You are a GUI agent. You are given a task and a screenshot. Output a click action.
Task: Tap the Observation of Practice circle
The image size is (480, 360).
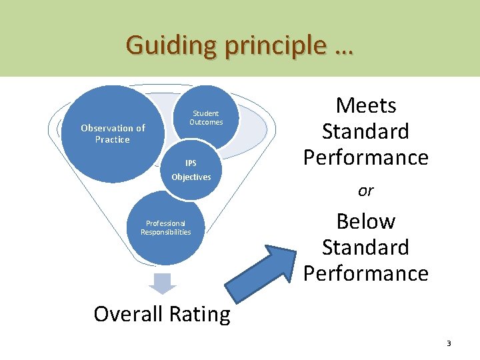(113, 133)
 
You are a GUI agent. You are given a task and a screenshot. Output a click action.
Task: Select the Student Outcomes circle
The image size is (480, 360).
(207, 117)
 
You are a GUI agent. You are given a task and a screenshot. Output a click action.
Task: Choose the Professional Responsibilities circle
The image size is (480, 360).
(165, 228)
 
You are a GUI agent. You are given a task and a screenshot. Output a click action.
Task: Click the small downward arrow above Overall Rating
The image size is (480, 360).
(163, 283)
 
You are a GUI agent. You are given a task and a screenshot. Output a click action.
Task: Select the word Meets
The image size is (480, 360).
(366, 105)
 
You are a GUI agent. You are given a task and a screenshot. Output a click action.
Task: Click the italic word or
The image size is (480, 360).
(365, 191)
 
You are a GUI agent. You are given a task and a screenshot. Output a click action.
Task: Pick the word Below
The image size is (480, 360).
(366, 221)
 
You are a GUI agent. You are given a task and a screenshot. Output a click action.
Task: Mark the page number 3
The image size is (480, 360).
(449, 343)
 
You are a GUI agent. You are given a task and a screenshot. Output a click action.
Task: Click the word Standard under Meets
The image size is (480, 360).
(365, 131)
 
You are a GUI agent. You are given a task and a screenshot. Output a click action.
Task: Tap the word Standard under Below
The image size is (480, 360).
(365, 247)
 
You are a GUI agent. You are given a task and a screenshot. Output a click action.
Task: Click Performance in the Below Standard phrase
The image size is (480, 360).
(365, 273)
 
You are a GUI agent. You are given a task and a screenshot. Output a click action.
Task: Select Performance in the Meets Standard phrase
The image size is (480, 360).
(365, 157)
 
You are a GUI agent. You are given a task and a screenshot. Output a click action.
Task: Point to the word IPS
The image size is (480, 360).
(191, 163)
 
